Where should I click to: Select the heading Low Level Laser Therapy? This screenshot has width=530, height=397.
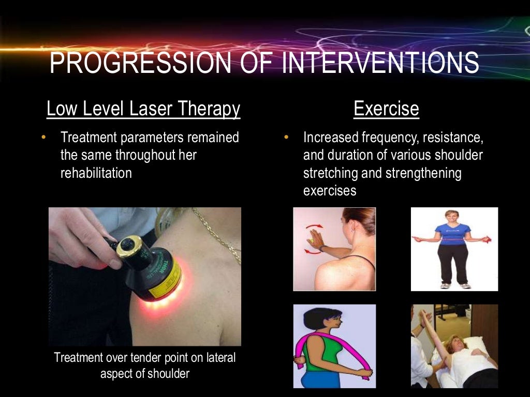[143, 109]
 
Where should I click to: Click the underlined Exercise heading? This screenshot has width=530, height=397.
[386, 109]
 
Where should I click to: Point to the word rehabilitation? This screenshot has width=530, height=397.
[96, 173]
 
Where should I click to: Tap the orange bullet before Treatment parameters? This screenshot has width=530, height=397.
[43, 138]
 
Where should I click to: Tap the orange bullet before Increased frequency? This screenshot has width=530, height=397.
[286, 138]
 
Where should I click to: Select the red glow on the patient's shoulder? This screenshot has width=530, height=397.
[160, 310]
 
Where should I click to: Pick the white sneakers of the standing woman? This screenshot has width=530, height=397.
[455, 285]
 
